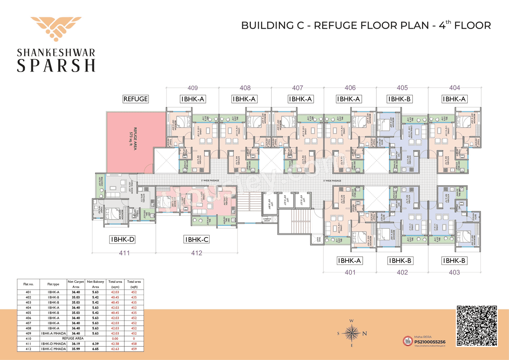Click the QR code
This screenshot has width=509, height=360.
tap(477, 325)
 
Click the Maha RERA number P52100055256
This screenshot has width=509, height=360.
tap(429, 342)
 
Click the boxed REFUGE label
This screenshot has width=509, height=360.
tap(136, 99)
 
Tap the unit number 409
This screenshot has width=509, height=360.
tap(192, 88)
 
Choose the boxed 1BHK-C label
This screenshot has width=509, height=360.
tap(196, 239)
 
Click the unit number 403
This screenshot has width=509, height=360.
tap(454, 272)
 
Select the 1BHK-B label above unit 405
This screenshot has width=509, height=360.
tap(402, 99)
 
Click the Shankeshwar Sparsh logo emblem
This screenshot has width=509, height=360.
tap(56, 30)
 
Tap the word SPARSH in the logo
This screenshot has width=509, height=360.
tap(56, 64)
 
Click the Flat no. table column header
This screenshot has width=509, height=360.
tap(28, 284)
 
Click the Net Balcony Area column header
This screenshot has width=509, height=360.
tap(95, 284)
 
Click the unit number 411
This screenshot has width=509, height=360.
tap(124, 253)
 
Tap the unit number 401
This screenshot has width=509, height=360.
tap(350, 272)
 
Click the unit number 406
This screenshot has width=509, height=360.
tap(350, 88)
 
